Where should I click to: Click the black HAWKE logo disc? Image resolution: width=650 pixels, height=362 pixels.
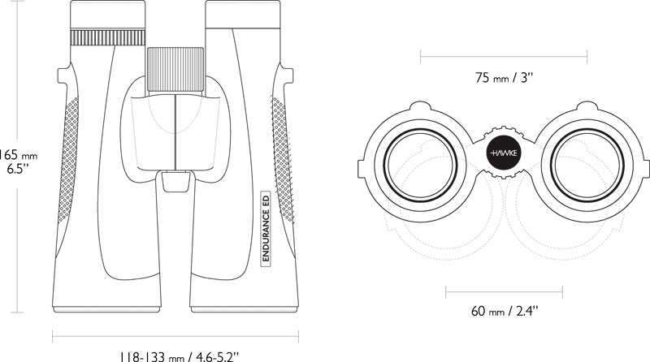click(504, 153)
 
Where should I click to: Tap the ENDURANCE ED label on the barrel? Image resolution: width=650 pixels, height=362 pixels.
click(266, 227)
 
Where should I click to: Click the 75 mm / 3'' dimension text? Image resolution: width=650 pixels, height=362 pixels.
click(504, 77)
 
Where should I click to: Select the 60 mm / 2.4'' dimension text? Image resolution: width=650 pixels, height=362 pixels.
click(504, 311)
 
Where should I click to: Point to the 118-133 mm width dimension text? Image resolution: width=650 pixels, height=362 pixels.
click(180, 356)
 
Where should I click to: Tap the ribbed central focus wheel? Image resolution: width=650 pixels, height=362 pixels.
click(175, 70)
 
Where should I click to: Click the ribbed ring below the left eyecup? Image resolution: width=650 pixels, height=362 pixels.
click(108, 37)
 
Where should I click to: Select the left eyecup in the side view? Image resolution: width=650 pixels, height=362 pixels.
click(108, 15)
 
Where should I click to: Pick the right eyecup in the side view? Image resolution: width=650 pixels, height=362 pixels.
click(243, 15)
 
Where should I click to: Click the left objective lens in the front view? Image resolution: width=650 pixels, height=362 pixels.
click(420, 166)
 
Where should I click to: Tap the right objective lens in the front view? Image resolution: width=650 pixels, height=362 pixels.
click(587, 166)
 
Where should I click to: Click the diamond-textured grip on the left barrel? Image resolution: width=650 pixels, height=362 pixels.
click(68, 159)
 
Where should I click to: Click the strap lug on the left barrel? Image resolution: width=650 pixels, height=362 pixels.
click(63, 75)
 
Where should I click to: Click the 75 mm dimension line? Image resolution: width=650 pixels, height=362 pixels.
click(504, 56)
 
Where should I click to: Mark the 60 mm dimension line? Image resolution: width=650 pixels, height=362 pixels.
click(504, 292)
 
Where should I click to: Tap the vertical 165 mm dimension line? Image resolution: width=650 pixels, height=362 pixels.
click(17, 156)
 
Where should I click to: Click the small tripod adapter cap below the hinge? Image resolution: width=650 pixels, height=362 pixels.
click(176, 182)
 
